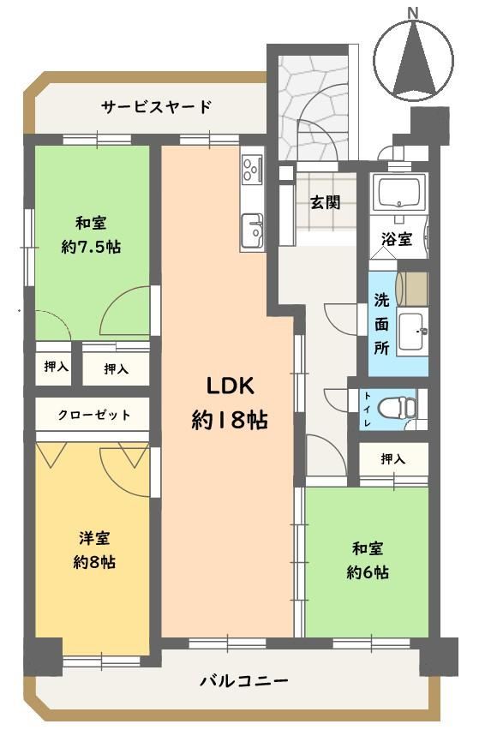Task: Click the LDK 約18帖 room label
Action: pyautogui.click(x=230, y=404)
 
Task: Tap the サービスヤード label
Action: pyautogui.click(x=157, y=107)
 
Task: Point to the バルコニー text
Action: pyautogui.click(x=244, y=681)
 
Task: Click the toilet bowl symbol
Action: pyautogui.click(x=396, y=409)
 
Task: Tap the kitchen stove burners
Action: pyautogui.click(x=252, y=168)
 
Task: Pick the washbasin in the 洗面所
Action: pyautogui.click(x=412, y=330)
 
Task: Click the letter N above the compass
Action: pyautogui.click(x=413, y=14)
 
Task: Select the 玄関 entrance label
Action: pyautogui.click(x=326, y=202)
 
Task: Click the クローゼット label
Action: pyautogui.click(x=93, y=415)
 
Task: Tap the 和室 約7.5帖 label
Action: pyautogui.click(x=91, y=234)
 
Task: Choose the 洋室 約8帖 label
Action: pyautogui.click(x=94, y=549)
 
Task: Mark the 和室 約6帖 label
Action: pyautogui.click(x=368, y=560)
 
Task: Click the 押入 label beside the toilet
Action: pyautogui.click(x=393, y=458)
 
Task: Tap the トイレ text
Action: pyautogui.click(x=368, y=409)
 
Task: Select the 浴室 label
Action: pyautogui.click(x=397, y=239)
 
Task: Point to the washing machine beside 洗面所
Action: pyautogui.click(x=412, y=289)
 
